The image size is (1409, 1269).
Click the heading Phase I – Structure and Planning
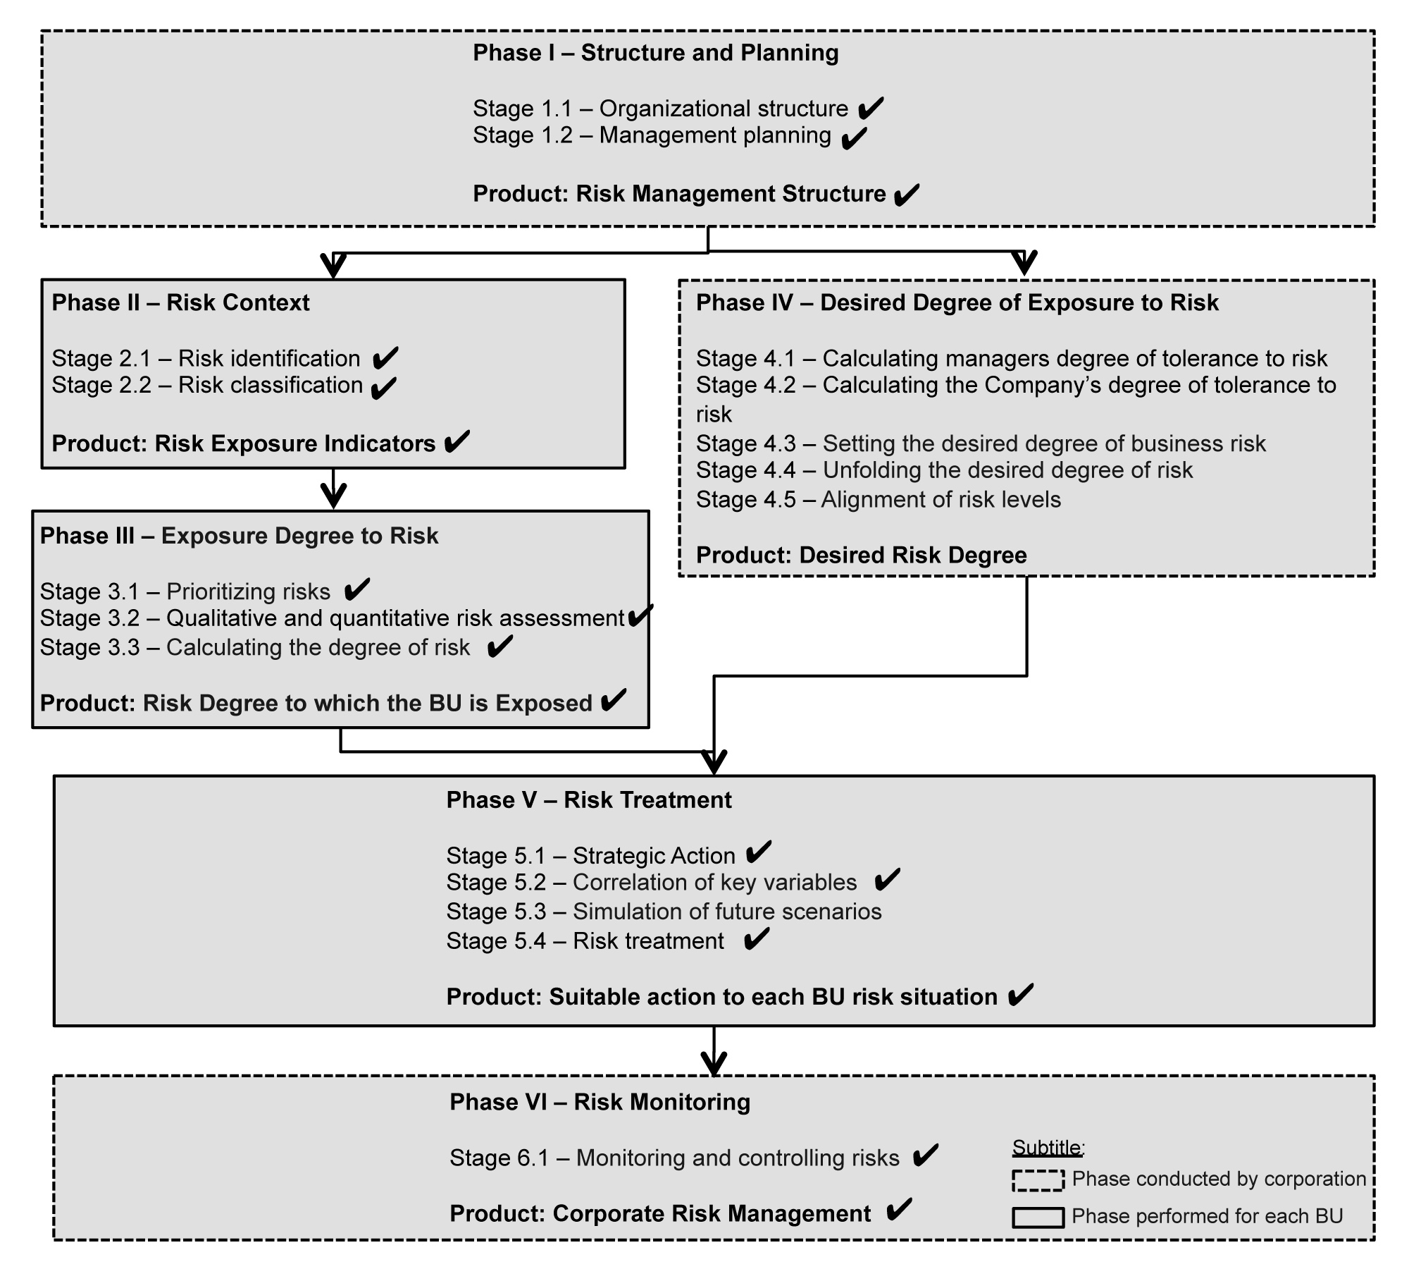point(655,53)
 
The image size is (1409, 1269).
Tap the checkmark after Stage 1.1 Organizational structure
point(871,108)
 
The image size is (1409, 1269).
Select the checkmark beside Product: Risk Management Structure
point(906,195)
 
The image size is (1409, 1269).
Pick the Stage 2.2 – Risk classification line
point(207,386)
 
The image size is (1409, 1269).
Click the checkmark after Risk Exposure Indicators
point(457,442)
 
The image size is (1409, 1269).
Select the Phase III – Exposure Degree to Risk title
point(239,536)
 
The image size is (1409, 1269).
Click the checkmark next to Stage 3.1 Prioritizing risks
point(357,589)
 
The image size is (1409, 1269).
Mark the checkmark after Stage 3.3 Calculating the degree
point(499,646)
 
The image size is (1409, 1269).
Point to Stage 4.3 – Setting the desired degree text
point(981,443)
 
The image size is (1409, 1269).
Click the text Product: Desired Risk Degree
point(861,556)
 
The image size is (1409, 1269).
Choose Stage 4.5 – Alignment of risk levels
point(878,500)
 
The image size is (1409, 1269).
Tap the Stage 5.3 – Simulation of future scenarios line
point(664,912)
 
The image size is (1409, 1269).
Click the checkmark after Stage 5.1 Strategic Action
point(758,853)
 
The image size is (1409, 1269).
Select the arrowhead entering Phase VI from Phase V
point(714,1064)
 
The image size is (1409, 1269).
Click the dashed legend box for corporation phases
point(1038,1181)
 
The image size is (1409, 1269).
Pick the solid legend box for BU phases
point(1038,1218)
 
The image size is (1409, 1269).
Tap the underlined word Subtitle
point(1047,1148)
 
